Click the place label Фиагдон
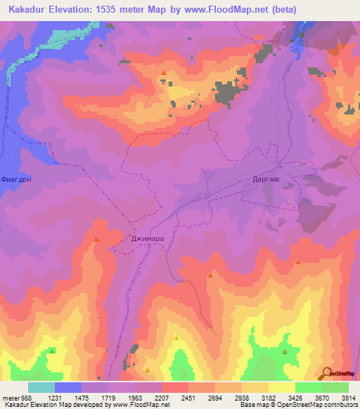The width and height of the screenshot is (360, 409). (x=18, y=179)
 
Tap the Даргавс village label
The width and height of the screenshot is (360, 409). (x=269, y=179)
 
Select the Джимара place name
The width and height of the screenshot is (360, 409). (x=148, y=239)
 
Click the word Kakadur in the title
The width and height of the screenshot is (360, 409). (x=30, y=10)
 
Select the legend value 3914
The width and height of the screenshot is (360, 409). (x=349, y=398)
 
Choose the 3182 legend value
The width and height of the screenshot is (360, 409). (x=269, y=398)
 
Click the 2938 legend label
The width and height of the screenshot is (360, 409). (x=243, y=398)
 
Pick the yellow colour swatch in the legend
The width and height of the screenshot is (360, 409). (x=282, y=387)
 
